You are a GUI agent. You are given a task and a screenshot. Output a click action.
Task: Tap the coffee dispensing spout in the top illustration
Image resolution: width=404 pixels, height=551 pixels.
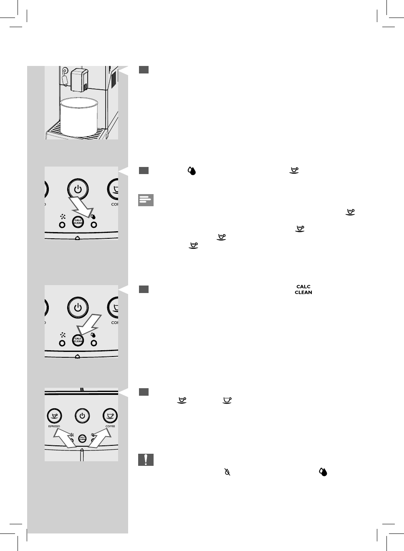[x=79, y=80]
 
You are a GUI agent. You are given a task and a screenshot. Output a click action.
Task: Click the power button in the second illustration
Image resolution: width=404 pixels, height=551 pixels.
[x=78, y=189]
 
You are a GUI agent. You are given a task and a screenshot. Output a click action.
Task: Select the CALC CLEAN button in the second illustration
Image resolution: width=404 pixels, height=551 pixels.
[x=78, y=222]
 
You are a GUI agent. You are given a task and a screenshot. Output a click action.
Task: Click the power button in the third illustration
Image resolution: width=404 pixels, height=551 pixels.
[x=78, y=308]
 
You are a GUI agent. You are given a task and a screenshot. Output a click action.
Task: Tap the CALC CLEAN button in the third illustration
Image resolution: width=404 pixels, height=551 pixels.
[x=78, y=341]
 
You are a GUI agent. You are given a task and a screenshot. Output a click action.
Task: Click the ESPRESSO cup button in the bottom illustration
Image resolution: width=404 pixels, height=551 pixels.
[x=54, y=416]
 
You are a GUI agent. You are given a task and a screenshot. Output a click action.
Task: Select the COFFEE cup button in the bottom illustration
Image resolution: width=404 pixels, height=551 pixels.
[x=110, y=416]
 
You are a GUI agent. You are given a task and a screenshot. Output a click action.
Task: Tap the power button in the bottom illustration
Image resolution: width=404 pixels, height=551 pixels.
[x=82, y=416]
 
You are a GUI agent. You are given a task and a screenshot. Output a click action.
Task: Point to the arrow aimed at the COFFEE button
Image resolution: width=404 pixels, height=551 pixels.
[x=101, y=438]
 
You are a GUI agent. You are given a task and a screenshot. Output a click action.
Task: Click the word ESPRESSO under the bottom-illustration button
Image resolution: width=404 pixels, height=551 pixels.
[x=54, y=426]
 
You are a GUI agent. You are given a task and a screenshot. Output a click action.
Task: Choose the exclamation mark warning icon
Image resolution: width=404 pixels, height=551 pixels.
[x=146, y=460]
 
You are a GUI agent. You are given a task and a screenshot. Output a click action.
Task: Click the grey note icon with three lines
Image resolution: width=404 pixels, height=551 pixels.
[x=146, y=200]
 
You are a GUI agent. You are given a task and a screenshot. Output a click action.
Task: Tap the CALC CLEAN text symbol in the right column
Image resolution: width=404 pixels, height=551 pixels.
[x=303, y=289]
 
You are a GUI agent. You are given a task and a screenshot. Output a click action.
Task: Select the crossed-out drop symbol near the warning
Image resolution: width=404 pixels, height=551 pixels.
[x=227, y=472]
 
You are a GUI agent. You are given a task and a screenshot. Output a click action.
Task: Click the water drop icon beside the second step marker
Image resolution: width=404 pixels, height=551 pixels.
[x=192, y=170]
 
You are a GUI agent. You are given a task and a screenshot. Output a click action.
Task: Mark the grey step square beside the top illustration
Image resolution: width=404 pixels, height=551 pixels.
[x=144, y=70]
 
